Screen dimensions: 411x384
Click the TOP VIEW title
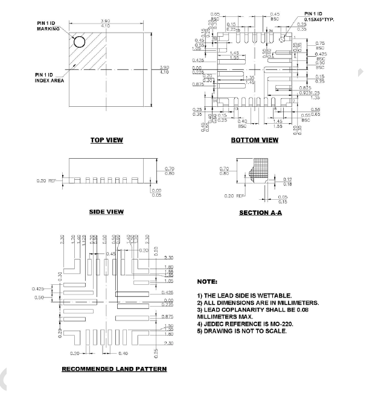(106, 140)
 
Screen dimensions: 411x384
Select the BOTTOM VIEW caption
(254, 140)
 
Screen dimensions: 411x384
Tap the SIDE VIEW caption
(106, 212)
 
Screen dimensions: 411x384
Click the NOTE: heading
(207, 282)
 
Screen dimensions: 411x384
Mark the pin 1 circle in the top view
(79, 42)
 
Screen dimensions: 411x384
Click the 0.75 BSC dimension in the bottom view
(321, 46)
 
